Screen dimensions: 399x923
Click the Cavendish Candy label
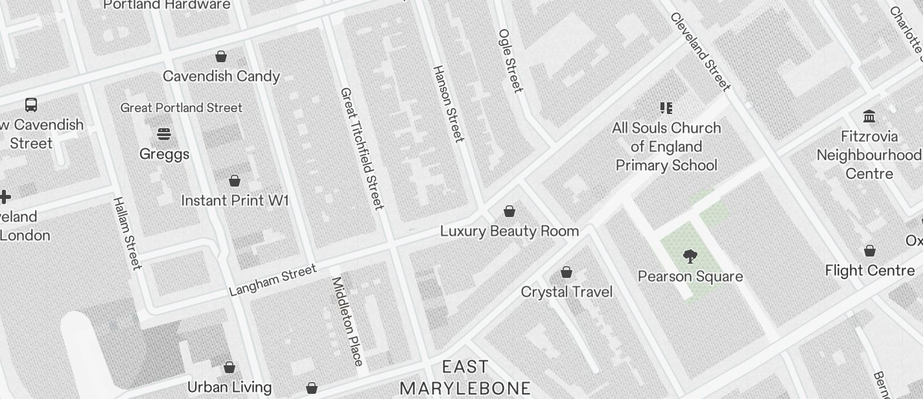221,76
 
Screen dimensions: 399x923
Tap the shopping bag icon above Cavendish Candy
221,57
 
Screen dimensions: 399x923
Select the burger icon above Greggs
164,134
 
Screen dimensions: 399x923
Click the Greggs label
165,154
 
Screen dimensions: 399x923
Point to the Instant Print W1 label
235,201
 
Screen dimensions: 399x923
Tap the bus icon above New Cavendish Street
30,105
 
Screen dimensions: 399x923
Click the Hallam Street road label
127,233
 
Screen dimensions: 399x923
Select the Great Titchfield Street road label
362,148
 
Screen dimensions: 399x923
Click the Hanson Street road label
449,104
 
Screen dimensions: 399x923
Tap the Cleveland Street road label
700,52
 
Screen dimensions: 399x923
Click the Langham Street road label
273,280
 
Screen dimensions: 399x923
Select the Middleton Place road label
347,321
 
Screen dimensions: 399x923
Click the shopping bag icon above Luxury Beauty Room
509,212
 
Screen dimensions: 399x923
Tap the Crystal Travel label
567,292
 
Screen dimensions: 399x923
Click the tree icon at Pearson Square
690,256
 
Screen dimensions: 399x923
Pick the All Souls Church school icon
666,108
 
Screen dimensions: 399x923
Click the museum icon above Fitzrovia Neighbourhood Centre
869,117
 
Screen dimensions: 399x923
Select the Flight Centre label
870,271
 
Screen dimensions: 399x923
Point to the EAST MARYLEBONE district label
465,378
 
